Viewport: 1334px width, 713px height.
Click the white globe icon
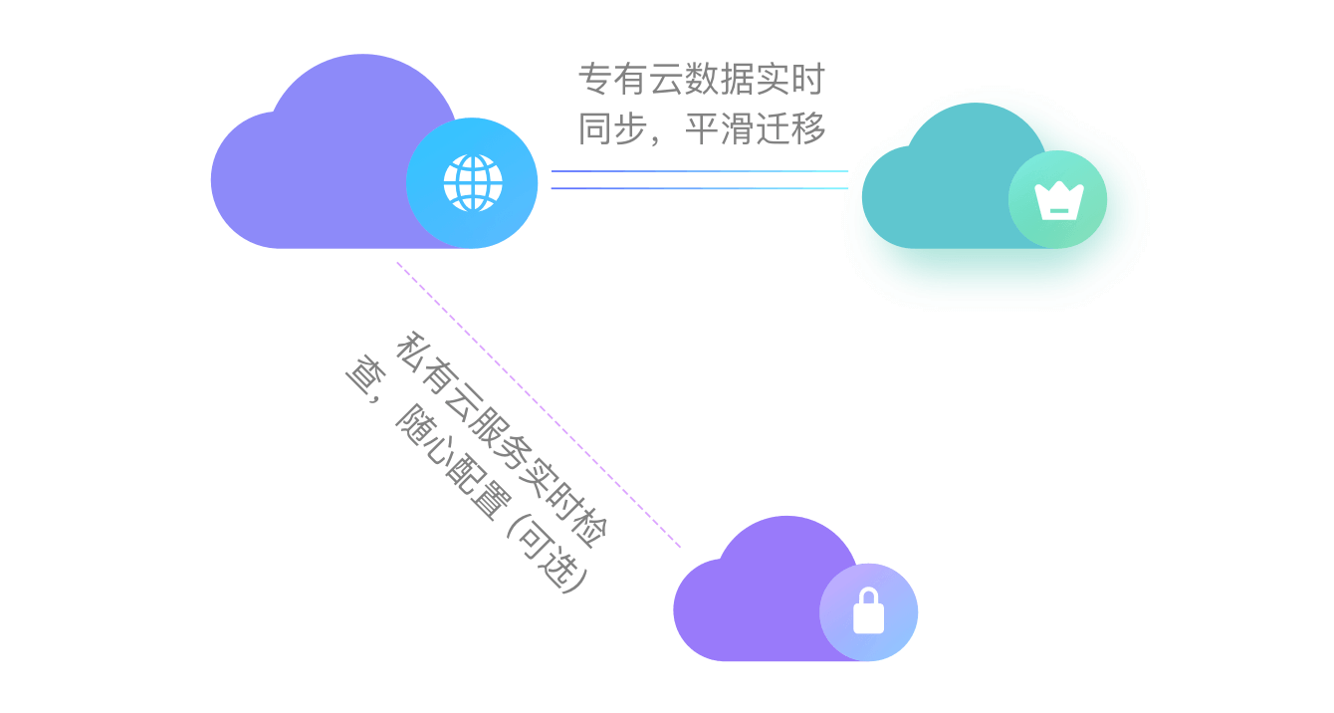(x=473, y=183)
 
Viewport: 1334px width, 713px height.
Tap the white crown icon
(x=1059, y=201)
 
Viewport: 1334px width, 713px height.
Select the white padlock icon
(x=869, y=611)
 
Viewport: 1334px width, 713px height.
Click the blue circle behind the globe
(x=472, y=183)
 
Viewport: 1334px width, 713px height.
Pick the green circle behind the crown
(x=1057, y=199)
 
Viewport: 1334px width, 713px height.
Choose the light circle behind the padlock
(x=868, y=612)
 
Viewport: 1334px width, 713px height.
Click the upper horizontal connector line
(x=700, y=171)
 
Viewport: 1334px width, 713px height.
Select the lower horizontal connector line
(x=700, y=188)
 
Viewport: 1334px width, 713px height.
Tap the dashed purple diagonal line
(x=539, y=404)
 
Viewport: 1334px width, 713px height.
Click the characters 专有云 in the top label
(x=631, y=79)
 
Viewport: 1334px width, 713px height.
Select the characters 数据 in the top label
(x=720, y=79)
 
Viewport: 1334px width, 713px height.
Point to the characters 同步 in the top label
(x=613, y=128)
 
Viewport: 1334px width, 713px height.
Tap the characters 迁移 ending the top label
(x=790, y=128)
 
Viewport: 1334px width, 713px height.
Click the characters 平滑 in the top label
(x=720, y=128)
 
